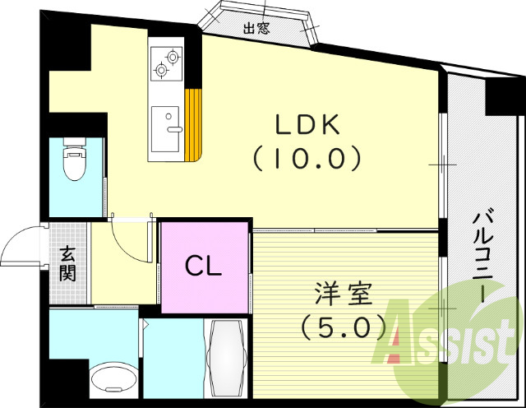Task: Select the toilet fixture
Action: click(x=75, y=162)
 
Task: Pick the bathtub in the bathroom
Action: click(x=225, y=359)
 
